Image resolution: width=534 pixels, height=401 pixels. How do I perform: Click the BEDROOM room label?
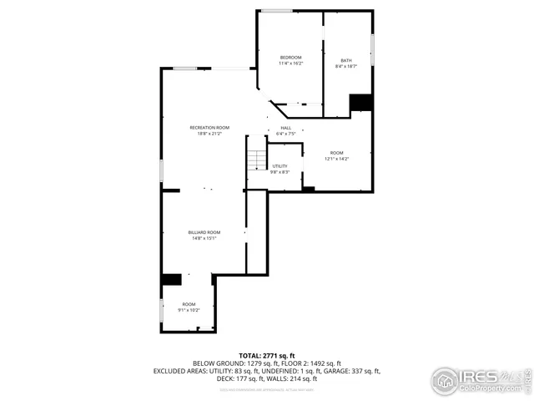290,57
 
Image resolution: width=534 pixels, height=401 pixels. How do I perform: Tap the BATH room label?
346,60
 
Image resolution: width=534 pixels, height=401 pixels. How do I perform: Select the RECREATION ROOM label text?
209,127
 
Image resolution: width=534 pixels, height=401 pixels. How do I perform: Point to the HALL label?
285,128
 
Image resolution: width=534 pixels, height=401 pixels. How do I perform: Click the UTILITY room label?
280,166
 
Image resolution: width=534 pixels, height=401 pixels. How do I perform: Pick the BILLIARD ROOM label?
204,232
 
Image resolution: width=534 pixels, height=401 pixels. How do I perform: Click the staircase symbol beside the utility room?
256,157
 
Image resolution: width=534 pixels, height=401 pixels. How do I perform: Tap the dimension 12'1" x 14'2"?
336,159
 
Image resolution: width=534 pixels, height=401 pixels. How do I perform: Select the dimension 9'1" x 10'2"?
189,310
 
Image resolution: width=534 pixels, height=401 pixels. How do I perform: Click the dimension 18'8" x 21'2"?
209,133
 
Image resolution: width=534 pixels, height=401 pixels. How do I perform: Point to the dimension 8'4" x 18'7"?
346,66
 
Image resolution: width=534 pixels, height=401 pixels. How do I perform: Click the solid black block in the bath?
361,102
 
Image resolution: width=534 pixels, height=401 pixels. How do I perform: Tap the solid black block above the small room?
172,280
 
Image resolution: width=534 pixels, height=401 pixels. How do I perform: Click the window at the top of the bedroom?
276,11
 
